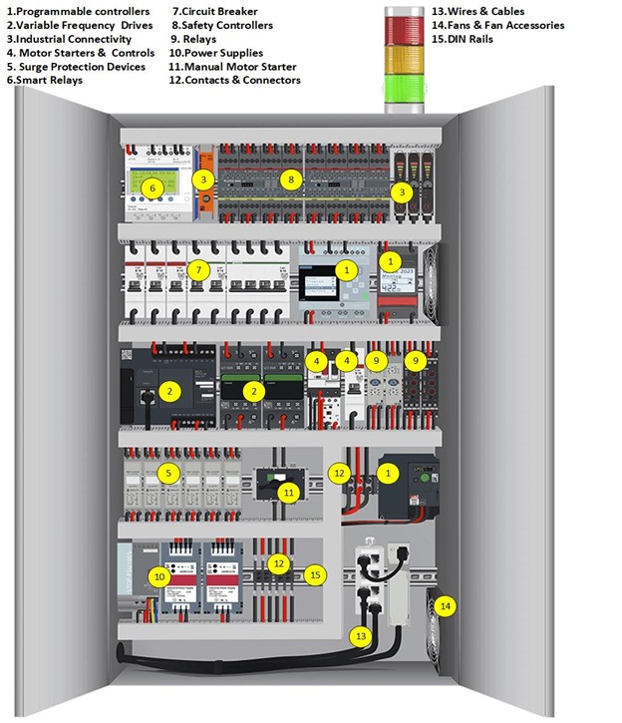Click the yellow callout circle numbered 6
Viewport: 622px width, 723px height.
click(152, 186)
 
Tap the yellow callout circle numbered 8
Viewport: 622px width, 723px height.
click(290, 180)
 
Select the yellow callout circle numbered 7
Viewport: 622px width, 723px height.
click(198, 270)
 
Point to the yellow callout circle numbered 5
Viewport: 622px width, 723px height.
click(167, 472)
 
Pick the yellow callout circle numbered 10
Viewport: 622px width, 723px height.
click(160, 575)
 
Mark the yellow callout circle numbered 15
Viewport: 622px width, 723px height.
click(315, 574)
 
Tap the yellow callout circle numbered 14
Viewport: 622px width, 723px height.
click(445, 605)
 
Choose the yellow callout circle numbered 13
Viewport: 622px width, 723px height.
click(361, 634)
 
